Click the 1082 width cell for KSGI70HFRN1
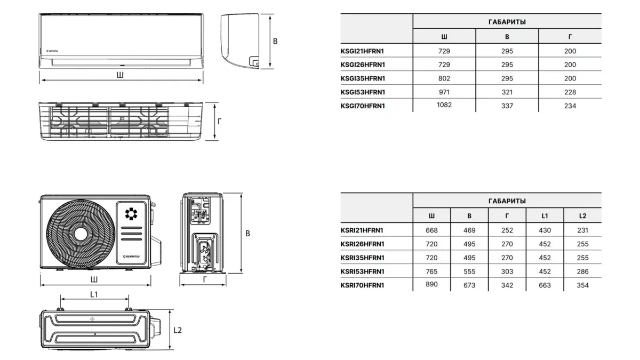click(444, 105)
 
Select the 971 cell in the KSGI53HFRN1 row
click(444, 92)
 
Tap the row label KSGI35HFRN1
click(363, 78)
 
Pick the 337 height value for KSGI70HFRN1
click(507, 106)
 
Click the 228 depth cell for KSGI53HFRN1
click(570, 92)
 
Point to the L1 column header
click(545, 215)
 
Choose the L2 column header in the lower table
click(582, 215)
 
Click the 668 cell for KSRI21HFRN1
click(431, 230)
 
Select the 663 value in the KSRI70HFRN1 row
click(545, 285)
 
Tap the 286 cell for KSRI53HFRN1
click(582, 271)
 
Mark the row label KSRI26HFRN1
click(362, 244)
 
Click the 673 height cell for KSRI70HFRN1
click(469, 285)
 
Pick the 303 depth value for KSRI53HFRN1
click(507, 271)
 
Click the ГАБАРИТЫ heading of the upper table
click(507, 22)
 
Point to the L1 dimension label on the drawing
click(94, 294)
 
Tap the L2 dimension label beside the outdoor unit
click(178, 330)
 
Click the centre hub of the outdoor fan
click(81, 234)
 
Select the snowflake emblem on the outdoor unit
click(131, 214)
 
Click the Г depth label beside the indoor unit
click(219, 122)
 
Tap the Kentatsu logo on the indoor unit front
click(52, 51)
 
